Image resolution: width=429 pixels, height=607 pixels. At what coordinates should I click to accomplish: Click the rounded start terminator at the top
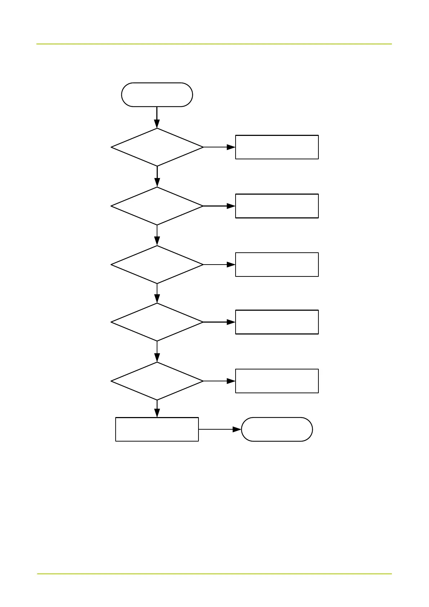pyautogui.click(x=157, y=95)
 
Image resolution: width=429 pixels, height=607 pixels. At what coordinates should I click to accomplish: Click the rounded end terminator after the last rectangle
pyautogui.click(x=277, y=429)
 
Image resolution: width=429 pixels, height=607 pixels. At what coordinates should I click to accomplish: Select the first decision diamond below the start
pyautogui.click(x=157, y=147)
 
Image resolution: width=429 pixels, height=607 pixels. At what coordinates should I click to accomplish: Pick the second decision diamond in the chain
pyautogui.click(x=157, y=206)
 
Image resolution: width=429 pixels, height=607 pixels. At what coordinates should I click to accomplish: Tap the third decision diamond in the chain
pyautogui.click(x=157, y=265)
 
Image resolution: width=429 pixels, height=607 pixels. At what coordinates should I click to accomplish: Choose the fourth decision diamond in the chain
pyautogui.click(x=157, y=322)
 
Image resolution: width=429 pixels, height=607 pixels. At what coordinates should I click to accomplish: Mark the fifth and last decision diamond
pyautogui.click(x=157, y=381)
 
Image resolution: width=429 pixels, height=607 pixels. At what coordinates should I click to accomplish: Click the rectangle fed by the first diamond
pyautogui.click(x=277, y=147)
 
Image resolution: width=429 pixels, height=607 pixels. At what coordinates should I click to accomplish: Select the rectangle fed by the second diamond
pyautogui.click(x=277, y=206)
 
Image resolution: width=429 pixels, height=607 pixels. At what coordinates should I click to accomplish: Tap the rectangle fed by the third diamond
pyautogui.click(x=277, y=265)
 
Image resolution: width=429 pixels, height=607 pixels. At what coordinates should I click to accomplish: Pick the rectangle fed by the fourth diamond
pyautogui.click(x=277, y=322)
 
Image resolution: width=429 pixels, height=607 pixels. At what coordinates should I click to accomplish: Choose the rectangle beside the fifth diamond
pyautogui.click(x=277, y=381)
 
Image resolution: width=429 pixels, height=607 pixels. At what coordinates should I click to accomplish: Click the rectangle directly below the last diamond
pyautogui.click(x=157, y=429)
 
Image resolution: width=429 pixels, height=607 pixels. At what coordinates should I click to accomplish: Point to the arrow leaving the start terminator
pyautogui.click(x=157, y=117)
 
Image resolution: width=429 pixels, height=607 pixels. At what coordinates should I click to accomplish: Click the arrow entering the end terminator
pyautogui.click(x=220, y=429)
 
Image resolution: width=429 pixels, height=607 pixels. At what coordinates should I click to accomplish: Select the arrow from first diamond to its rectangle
pyautogui.click(x=219, y=147)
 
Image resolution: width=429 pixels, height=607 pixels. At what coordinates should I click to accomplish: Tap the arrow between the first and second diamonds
pyautogui.click(x=157, y=177)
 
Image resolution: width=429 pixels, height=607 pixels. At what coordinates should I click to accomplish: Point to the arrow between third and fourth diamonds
pyautogui.click(x=157, y=293)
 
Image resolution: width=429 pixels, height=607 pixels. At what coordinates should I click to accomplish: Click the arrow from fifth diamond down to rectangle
pyautogui.click(x=157, y=409)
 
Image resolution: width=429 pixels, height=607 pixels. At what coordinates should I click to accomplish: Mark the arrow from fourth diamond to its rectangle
pyautogui.click(x=219, y=322)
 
